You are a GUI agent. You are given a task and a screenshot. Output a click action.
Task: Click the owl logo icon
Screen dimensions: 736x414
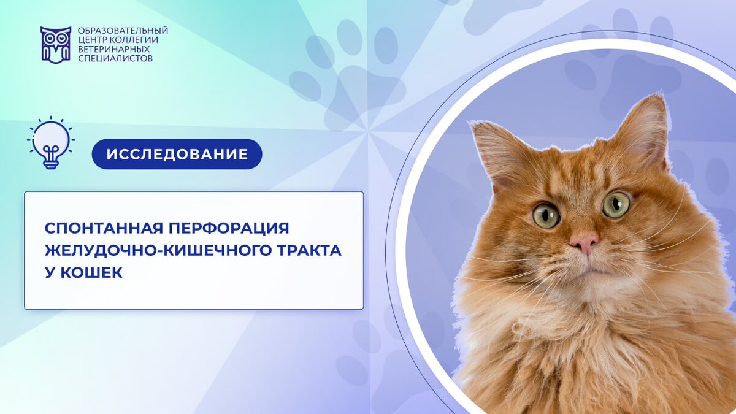pyautogui.click(x=56, y=45)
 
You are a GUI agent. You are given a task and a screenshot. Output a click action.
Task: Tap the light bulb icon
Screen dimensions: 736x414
pyautogui.click(x=51, y=142)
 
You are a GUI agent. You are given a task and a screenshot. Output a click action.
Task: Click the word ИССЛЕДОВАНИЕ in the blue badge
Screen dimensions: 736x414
pyautogui.click(x=177, y=154)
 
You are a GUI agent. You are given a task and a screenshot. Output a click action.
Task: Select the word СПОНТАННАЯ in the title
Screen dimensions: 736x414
pyautogui.click(x=104, y=228)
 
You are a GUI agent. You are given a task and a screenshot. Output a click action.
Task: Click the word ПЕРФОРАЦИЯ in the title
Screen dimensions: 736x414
pyautogui.click(x=229, y=228)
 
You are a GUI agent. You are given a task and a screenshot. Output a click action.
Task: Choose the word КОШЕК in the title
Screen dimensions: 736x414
pyautogui.click(x=91, y=272)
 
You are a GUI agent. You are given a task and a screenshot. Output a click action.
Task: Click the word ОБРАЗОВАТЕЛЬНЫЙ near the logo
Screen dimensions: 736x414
pyautogui.click(x=123, y=31)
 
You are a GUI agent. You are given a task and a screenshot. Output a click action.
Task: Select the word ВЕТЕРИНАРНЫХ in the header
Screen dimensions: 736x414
pyautogui.click(x=113, y=49)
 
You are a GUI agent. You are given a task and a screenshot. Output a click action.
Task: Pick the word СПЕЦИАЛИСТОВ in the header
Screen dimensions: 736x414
pyautogui.click(x=115, y=58)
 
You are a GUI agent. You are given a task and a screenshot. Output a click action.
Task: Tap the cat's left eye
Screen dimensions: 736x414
pyautogui.click(x=546, y=216)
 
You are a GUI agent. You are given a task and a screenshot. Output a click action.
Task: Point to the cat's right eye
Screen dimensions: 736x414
pyautogui.click(x=616, y=205)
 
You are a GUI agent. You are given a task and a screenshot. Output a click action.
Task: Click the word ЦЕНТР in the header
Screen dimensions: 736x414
pyautogui.click(x=91, y=40)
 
